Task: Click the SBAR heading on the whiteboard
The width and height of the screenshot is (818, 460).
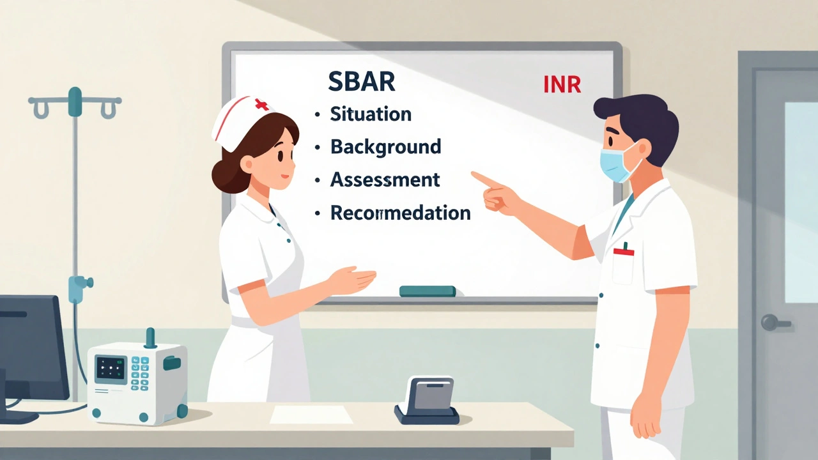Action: [x=361, y=82]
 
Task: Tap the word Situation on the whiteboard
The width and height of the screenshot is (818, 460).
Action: [x=370, y=114]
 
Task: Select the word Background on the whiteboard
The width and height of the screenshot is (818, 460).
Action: [x=385, y=147]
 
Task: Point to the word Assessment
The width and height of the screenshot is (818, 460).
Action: [x=385, y=180]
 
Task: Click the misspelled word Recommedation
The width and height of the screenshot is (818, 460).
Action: [x=400, y=213]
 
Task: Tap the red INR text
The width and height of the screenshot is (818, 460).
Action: [x=562, y=85]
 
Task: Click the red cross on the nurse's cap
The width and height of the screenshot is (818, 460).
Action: [x=261, y=104]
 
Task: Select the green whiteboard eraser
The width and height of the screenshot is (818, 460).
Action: [x=427, y=291]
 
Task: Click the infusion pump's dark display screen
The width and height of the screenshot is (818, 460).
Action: [x=111, y=369]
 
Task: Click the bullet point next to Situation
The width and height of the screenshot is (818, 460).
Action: [x=317, y=116]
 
